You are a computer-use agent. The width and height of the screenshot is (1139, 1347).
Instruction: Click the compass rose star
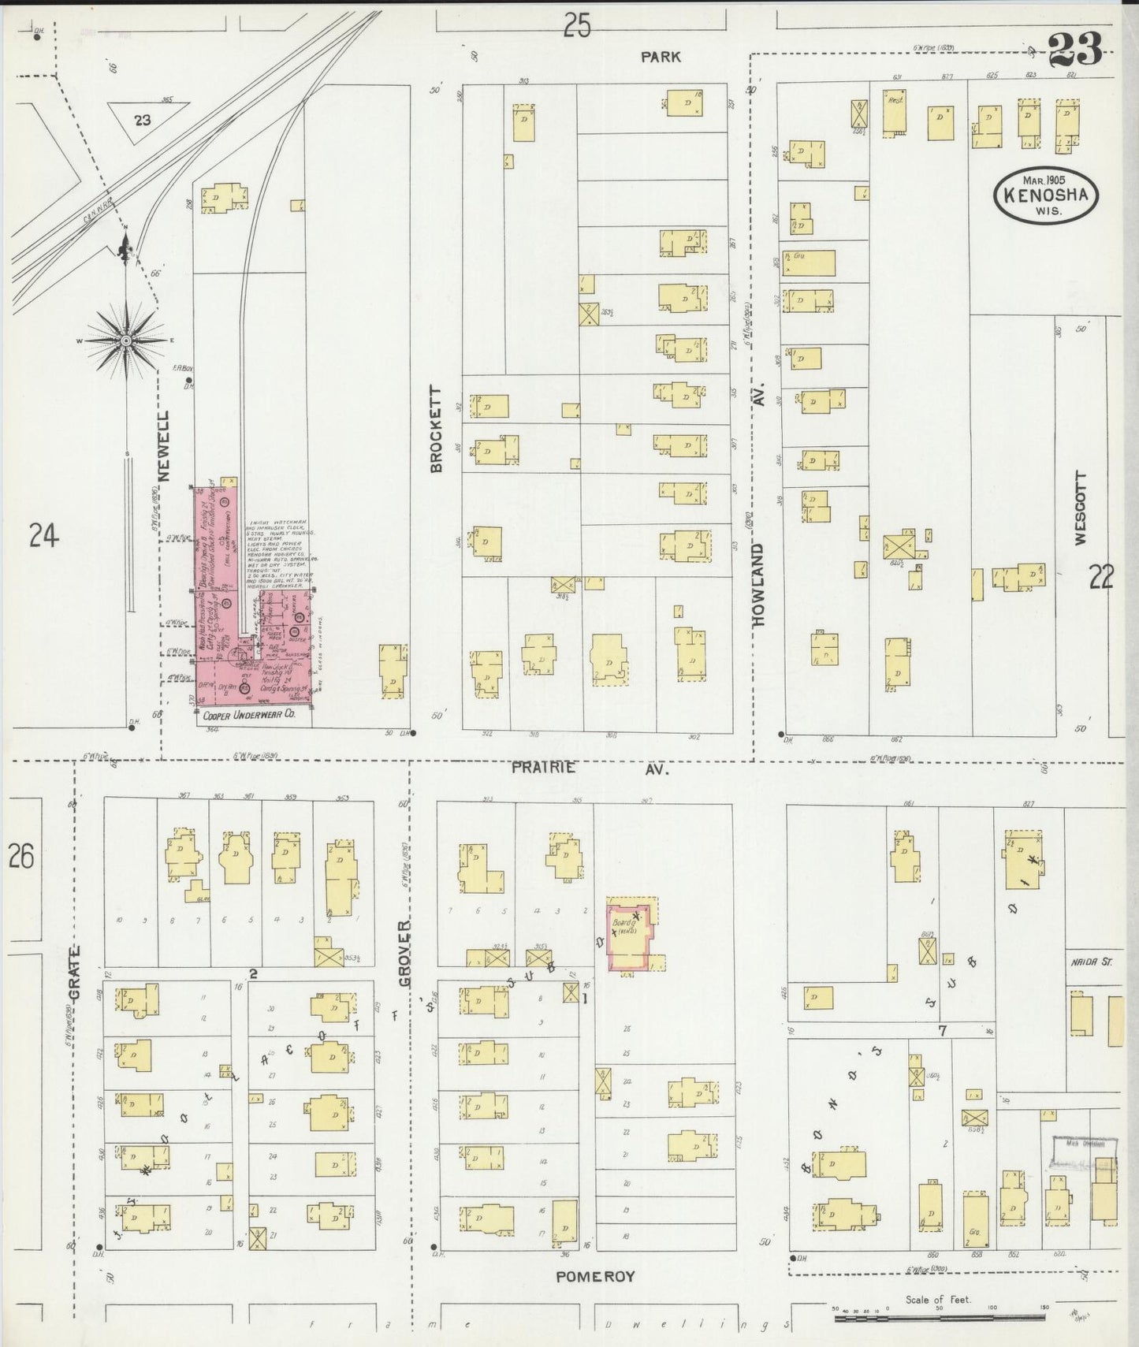pos(126,340)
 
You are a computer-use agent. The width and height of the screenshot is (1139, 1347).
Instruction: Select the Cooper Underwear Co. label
pos(249,716)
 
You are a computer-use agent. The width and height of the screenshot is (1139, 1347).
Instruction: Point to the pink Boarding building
pos(628,938)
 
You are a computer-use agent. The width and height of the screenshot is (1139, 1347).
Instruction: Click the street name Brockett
pos(436,429)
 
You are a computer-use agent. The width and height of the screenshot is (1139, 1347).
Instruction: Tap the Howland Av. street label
pos(760,566)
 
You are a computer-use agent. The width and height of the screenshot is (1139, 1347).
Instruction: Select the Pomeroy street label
pos(595,1276)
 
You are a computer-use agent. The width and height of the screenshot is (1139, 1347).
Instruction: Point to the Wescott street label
pos(1079,508)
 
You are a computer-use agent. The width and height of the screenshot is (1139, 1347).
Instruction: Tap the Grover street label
pos(405,954)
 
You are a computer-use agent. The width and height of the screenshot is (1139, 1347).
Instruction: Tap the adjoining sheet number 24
pos(44,537)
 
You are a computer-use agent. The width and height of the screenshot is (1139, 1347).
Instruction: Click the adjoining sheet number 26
pos(21,856)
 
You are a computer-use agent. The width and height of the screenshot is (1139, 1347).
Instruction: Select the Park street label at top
pos(660,57)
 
